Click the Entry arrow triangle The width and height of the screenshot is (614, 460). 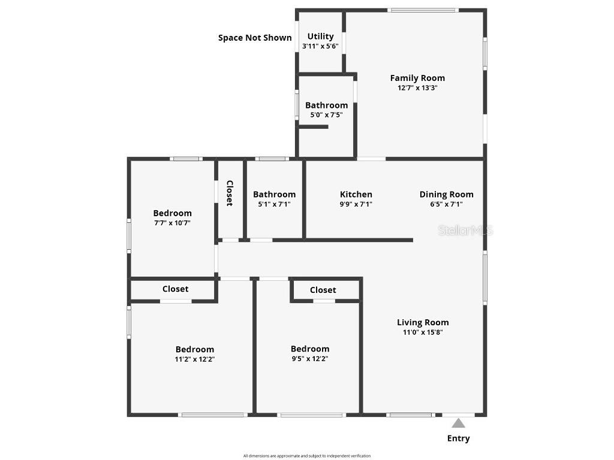coord(458,423)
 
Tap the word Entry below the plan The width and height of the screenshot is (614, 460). coord(458,438)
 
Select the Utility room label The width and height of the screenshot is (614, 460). coord(320,37)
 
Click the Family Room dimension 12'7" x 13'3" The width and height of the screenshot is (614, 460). coord(417,87)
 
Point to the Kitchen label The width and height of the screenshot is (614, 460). coord(356,194)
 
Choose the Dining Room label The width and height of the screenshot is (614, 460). coord(446,194)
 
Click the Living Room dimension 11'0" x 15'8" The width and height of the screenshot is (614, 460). coord(422,332)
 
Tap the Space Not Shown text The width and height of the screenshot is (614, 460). coord(255,38)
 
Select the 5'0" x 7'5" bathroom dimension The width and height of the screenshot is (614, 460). coord(326,115)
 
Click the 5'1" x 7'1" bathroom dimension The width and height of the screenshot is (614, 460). coord(274,204)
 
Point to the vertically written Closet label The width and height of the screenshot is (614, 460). coord(229,193)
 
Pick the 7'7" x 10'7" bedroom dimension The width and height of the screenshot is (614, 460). coord(172,223)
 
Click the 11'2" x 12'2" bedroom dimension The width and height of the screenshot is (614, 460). coord(194,359)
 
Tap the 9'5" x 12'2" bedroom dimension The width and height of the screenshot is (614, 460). coord(309,358)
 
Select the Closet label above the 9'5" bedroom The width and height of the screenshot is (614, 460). coord(323,290)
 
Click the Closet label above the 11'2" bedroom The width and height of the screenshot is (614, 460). coord(175,289)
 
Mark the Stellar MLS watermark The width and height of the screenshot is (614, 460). coord(465,230)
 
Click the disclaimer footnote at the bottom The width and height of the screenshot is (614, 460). coord(307,456)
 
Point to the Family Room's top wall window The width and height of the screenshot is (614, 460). coord(423,10)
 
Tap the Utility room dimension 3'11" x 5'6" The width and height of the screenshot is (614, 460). coord(320,46)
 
